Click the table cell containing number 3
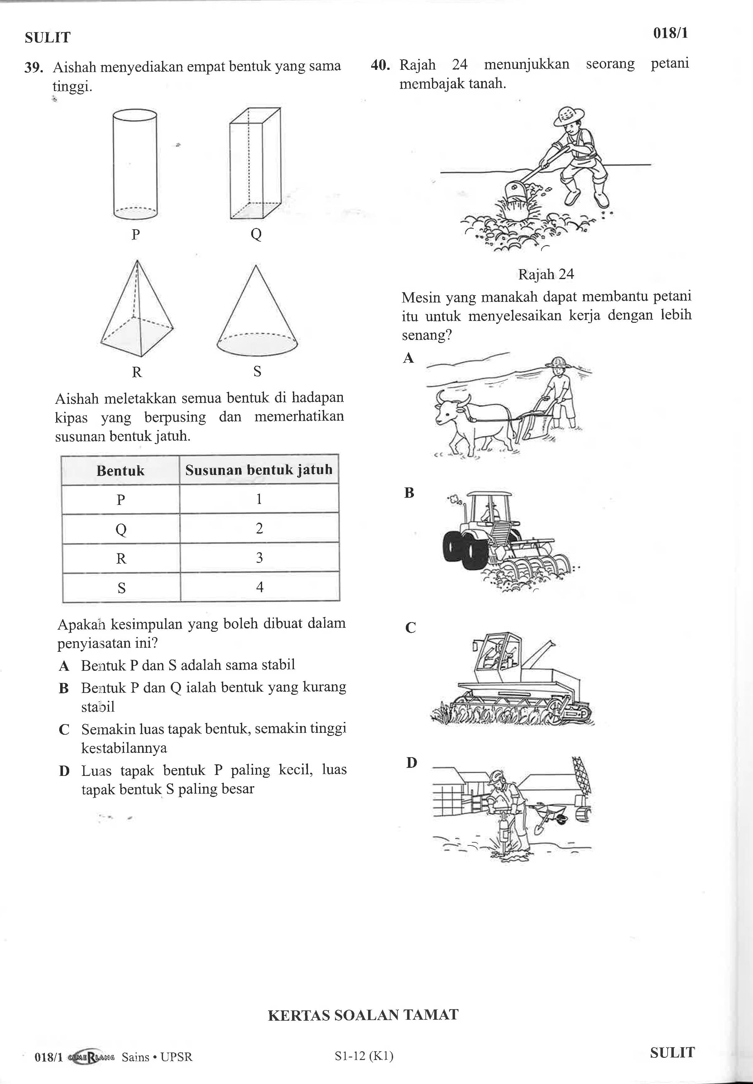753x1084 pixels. pyautogui.click(x=260, y=558)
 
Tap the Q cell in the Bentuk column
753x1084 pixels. pyautogui.click(x=121, y=529)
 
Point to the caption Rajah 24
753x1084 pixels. pyautogui.click(x=546, y=274)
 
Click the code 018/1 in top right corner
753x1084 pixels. pyautogui.click(x=670, y=33)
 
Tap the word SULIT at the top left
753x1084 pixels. pyautogui.click(x=48, y=38)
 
